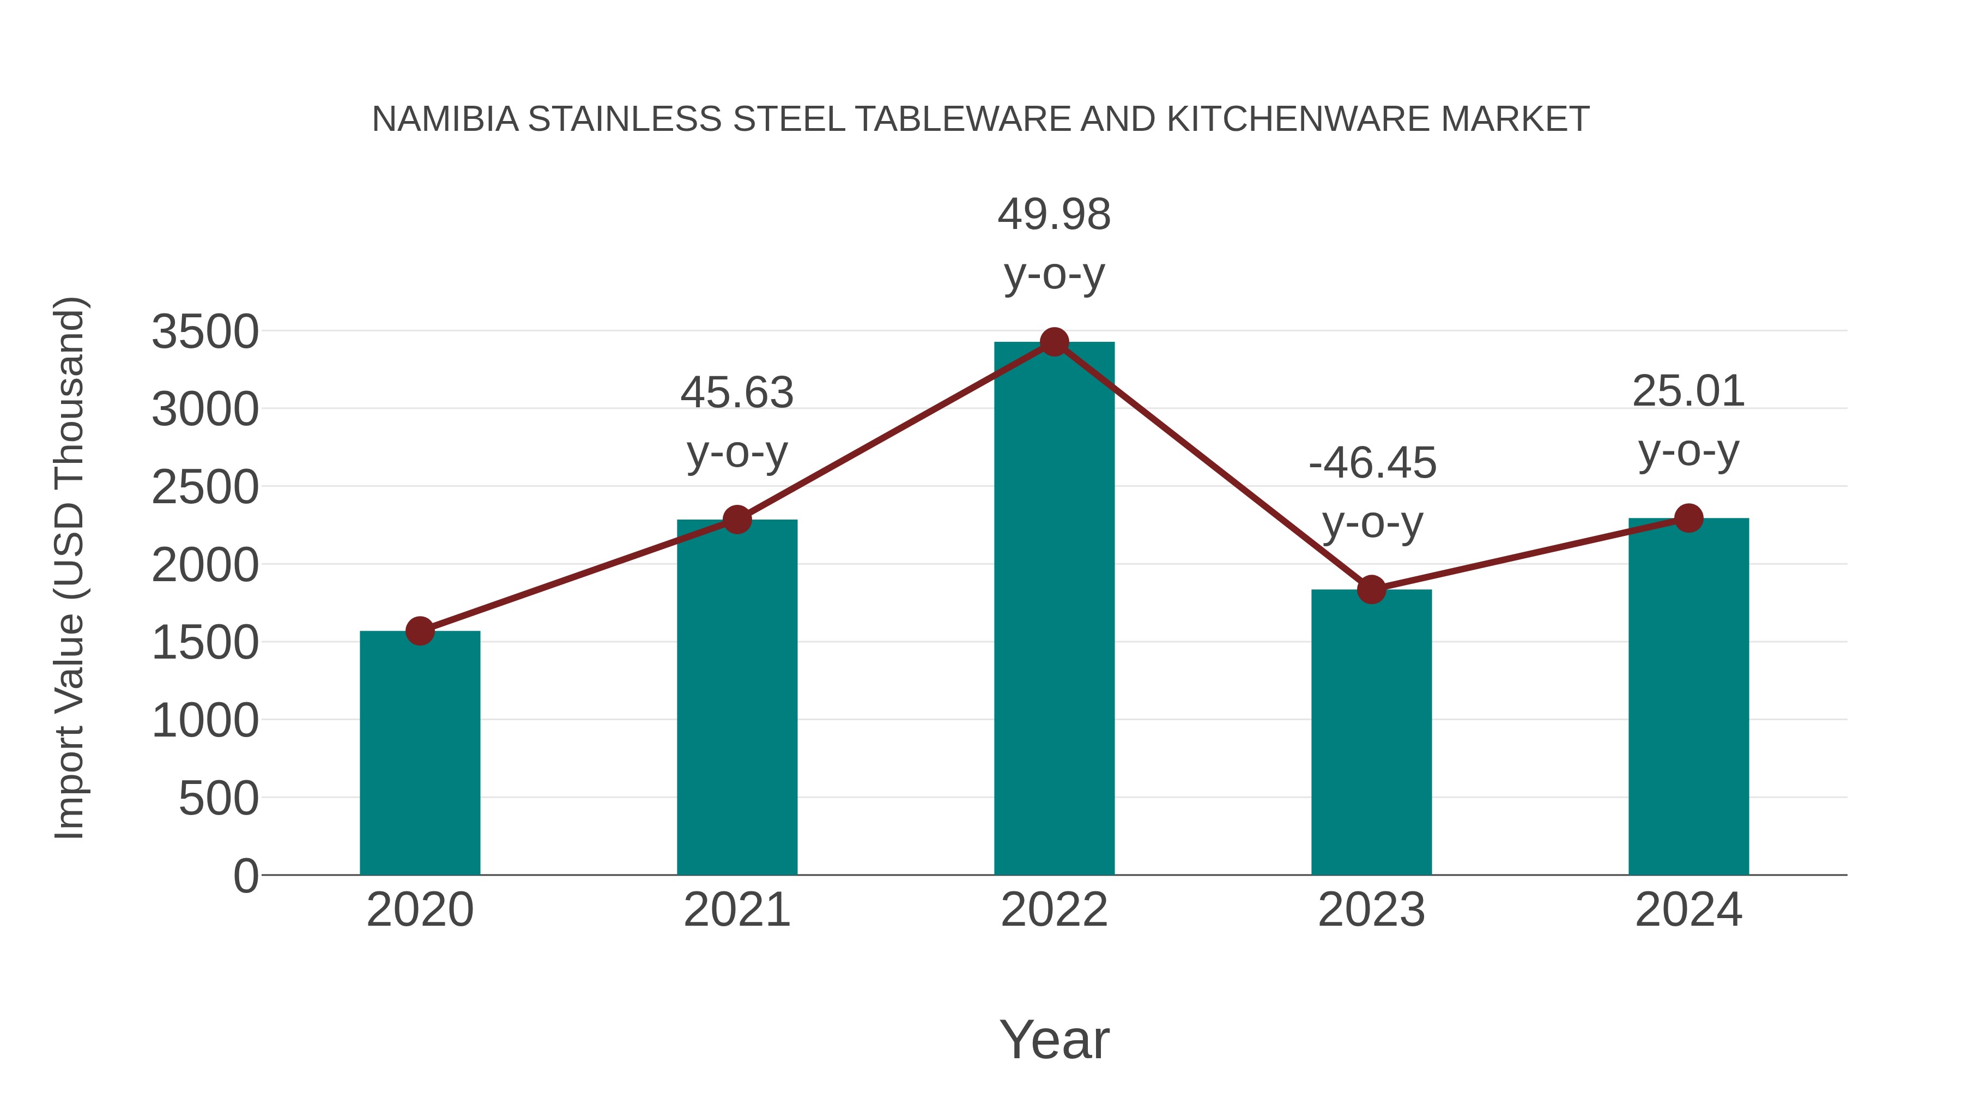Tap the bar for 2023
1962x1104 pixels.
tap(1371, 732)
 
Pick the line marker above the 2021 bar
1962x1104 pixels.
tap(736, 520)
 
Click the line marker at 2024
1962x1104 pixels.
tap(1688, 518)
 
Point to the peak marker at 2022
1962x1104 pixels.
tap(1054, 342)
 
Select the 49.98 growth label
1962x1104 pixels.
tap(1054, 215)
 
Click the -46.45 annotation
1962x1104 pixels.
tap(1372, 463)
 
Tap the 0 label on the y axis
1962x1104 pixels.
tap(246, 876)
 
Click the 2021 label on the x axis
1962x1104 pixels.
tap(736, 910)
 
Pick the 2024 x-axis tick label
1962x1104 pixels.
tap(1688, 910)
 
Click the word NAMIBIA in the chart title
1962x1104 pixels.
tap(445, 119)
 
